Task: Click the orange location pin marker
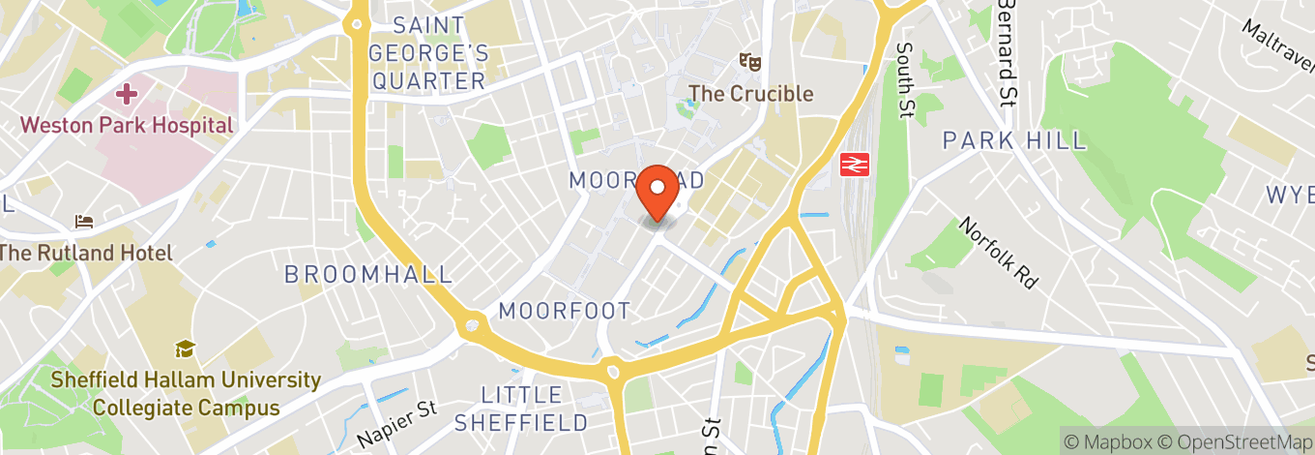click(660, 193)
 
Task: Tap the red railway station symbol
click(853, 165)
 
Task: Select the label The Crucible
click(750, 94)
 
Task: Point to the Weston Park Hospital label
click(127, 125)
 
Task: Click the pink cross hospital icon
click(126, 94)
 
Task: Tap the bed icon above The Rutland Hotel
click(85, 223)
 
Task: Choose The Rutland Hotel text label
click(85, 253)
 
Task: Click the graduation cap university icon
click(184, 349)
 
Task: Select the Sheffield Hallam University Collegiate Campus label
click(186, 393)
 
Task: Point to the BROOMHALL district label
click(368, 274)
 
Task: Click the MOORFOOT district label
click(565, 311)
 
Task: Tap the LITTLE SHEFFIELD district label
click(521, 409)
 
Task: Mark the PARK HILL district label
click(1014, 140)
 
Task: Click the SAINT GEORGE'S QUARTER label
click(429, 52)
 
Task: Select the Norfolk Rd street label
click(998, 253)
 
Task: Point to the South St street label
click(905, 79)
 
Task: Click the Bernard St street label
click(1008, 52)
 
